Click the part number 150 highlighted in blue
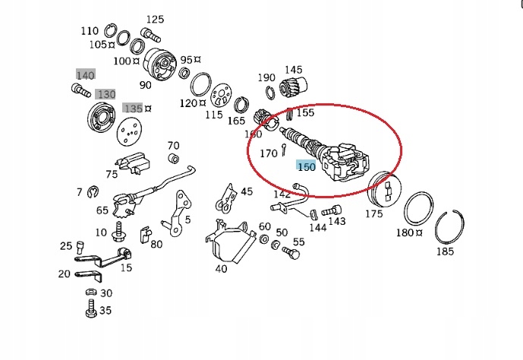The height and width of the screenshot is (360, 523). (305, 166)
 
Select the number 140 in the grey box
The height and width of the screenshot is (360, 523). (85, 74)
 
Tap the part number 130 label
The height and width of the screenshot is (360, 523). (106, 93)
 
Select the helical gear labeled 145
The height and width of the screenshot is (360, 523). (294, 87)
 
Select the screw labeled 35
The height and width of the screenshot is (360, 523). (90, 311)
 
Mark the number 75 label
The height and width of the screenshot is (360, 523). (112, 174)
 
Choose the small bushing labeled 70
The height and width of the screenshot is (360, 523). (172, 158)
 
